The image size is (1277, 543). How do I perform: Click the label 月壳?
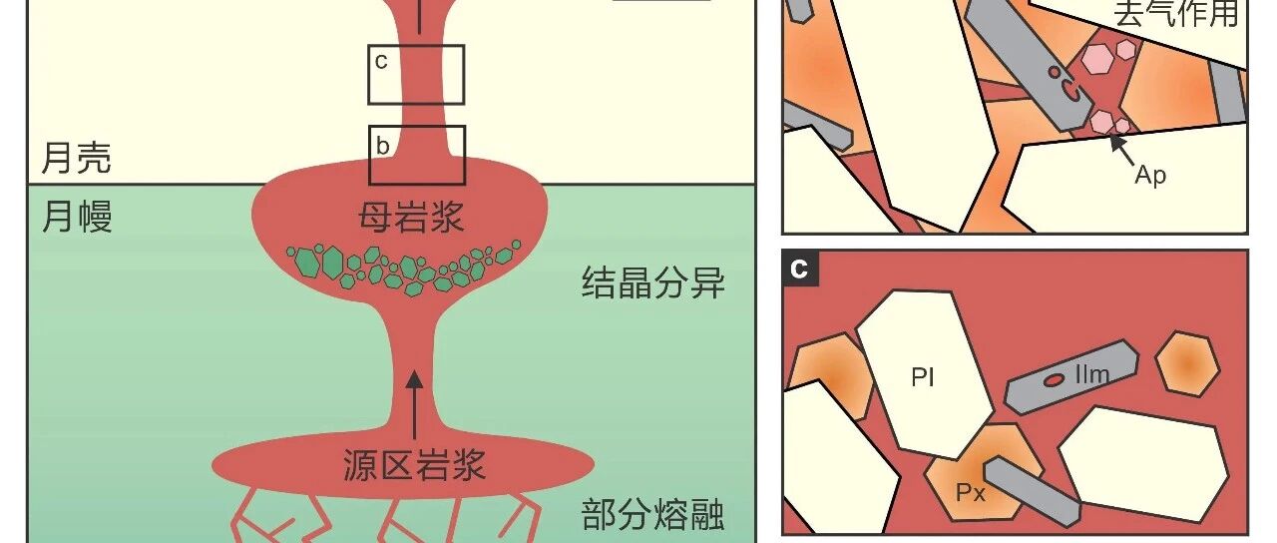click(x=76, y=159)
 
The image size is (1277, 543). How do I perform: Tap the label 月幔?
click(x=76, y=215)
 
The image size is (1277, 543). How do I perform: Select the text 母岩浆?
click(x=412, y=216)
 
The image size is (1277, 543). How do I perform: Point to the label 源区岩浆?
click(x=413, y=464)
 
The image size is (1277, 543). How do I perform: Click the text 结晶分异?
click(x=652, y=284)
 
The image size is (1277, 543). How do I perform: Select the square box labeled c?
click(x=416, y=75)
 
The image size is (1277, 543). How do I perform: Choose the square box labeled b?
click(x=417, y=155)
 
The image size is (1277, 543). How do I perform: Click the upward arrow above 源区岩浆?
click(x=415, y=393)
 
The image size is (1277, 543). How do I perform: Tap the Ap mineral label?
click(x=1150, y=175)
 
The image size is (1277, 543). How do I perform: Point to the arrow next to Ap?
click(x=1122, y=149)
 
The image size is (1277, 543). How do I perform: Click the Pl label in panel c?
click(x=923, y=378)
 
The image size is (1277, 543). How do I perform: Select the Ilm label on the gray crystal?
click(x=1091, y=375)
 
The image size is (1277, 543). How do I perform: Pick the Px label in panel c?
click(x=971, y=492)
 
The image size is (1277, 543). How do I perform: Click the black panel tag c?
click(x=800, y=269)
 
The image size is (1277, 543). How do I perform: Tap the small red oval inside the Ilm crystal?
click(x=1054, y=380)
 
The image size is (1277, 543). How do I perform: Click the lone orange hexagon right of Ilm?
click(x=1186, y=364)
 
